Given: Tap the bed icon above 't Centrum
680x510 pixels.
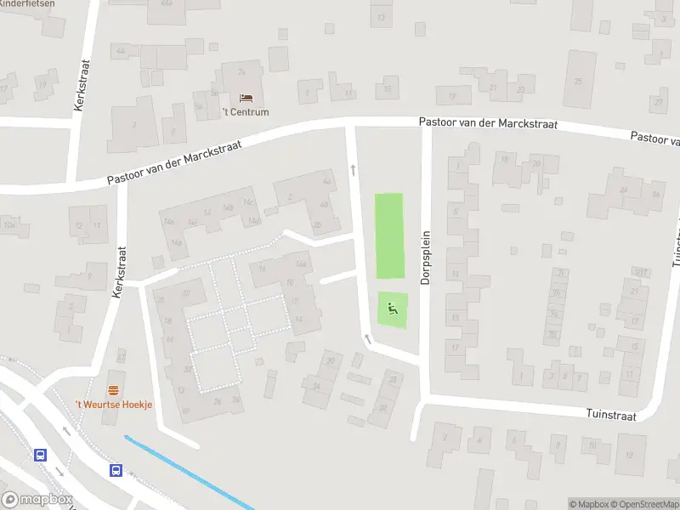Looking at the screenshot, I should (246, 99).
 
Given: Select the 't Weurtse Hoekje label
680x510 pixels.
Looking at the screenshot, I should (114, 404).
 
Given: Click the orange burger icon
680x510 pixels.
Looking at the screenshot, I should (113, 390).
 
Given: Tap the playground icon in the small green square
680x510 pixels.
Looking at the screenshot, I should (393, 309).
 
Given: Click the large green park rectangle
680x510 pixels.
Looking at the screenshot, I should (389, 235).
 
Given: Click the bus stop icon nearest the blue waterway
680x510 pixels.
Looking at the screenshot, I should (115, 470).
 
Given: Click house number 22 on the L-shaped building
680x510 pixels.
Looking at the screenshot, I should (185, 294).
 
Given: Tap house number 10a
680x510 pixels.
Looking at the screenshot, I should (9, 225).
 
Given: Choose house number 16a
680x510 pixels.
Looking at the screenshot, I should (300, 263).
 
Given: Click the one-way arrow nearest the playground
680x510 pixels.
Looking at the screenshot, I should (368, 340).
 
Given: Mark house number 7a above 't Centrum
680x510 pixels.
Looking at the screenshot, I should (241, 73).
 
